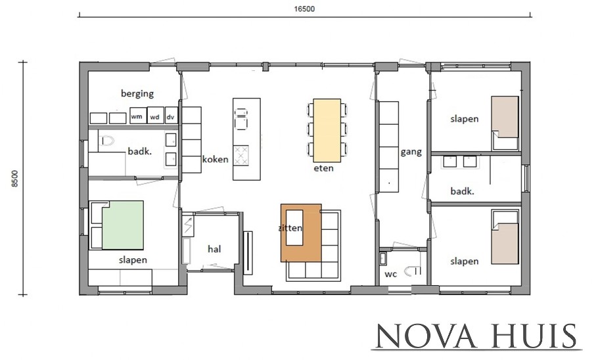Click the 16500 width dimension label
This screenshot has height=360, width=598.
(304, 9)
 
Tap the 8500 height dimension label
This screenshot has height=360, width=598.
(15, 179)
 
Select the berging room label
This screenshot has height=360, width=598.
(137, 93)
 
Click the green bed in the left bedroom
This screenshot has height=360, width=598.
(123, 225)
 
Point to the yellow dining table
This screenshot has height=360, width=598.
(327, 131)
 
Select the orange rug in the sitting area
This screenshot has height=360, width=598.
(301, 233)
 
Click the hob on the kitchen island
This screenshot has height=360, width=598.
(241, 156)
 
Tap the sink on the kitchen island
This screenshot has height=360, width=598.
(241, 119)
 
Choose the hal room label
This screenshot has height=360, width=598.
(214, 249)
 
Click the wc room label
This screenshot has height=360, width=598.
(391, 274)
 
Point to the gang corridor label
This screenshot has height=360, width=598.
(411, 152)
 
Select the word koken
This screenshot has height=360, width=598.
(216, 159)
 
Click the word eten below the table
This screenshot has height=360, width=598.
(324, 168)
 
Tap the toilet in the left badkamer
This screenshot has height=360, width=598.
(108, 141)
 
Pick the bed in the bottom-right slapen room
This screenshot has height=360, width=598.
(505, 236)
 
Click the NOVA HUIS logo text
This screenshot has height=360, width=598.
(476, 336)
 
